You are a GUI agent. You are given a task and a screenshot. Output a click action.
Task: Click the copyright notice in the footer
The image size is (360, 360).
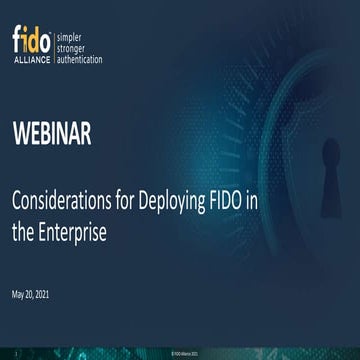pos(180,353)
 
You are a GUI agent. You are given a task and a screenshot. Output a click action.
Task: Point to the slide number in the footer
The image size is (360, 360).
pos(17,353)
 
